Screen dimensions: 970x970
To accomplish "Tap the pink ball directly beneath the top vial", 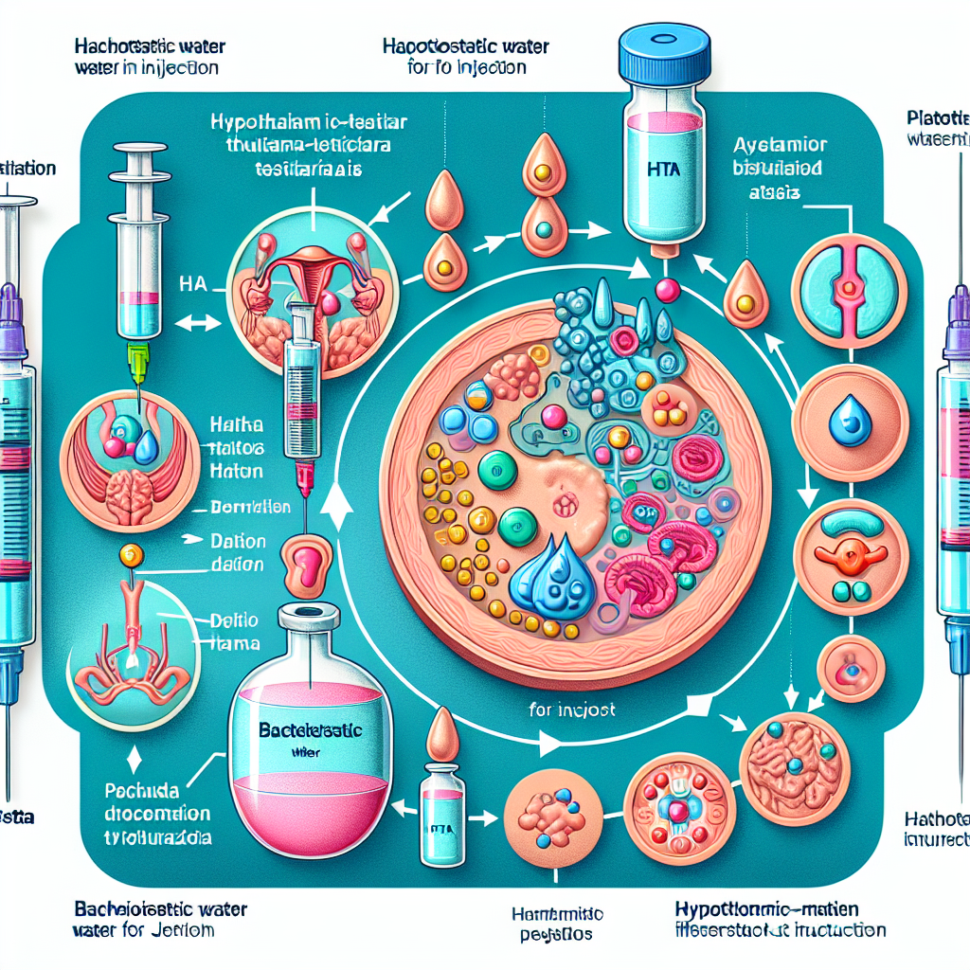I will (x=666, y=290).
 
